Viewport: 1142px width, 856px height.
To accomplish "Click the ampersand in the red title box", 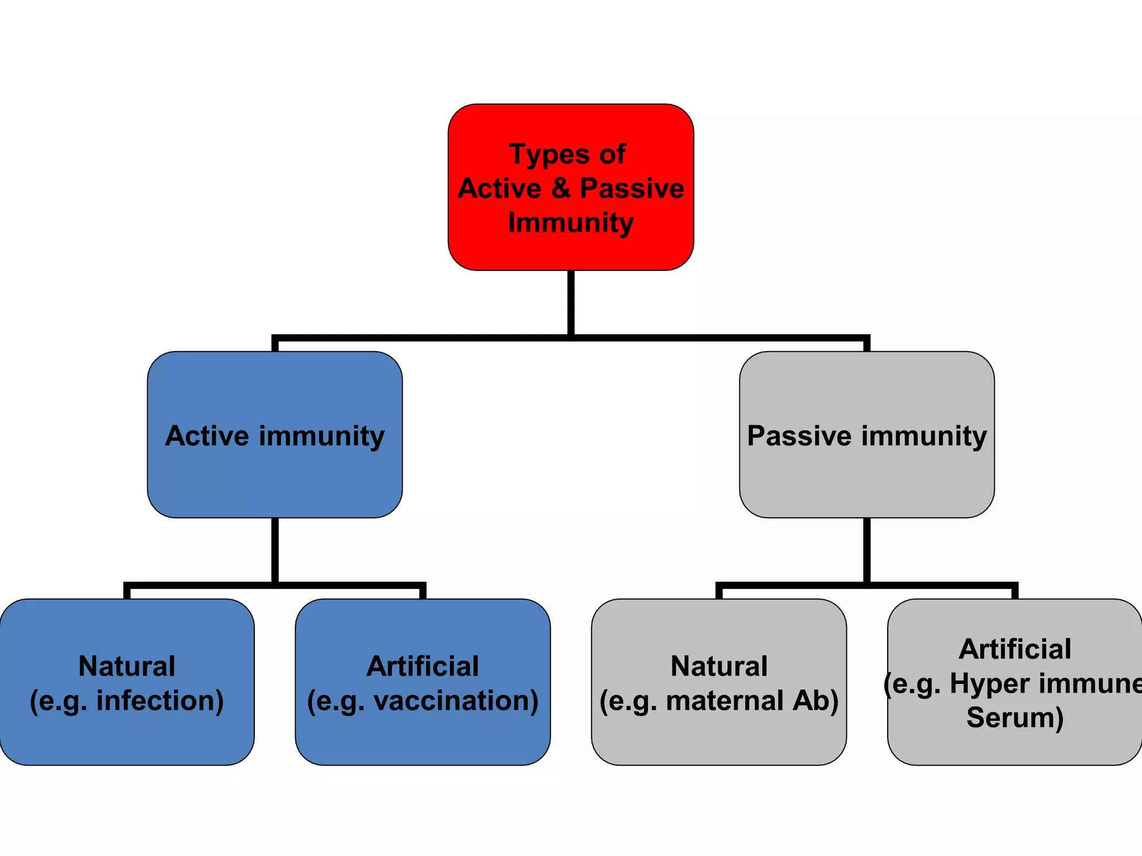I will [x=561, y=188].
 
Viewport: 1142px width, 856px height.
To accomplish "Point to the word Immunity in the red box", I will [x=570, y=223].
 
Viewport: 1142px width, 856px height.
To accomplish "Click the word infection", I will [x=160, y=701].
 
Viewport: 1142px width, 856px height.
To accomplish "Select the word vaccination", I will [x=456, y=701].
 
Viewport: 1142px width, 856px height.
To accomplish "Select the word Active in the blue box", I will [x=207, y=436].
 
